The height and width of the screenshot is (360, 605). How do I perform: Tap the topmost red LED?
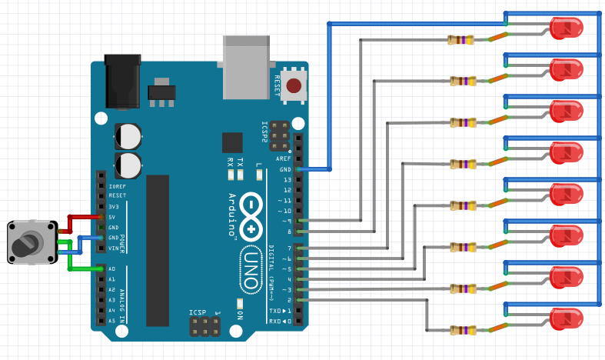point(567,28)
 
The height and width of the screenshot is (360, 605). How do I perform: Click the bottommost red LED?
point(567,318)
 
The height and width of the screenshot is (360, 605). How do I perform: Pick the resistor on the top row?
point(461,39)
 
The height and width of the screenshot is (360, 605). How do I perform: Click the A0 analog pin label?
point(111,268)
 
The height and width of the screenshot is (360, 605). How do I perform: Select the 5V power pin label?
point(112,217)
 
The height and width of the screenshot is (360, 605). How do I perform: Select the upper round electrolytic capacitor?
point(128,136)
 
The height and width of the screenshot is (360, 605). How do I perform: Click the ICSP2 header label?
point(264,132)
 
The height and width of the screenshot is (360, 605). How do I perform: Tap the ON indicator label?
point(240,314)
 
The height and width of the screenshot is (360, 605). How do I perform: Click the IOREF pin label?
point(117,186)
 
